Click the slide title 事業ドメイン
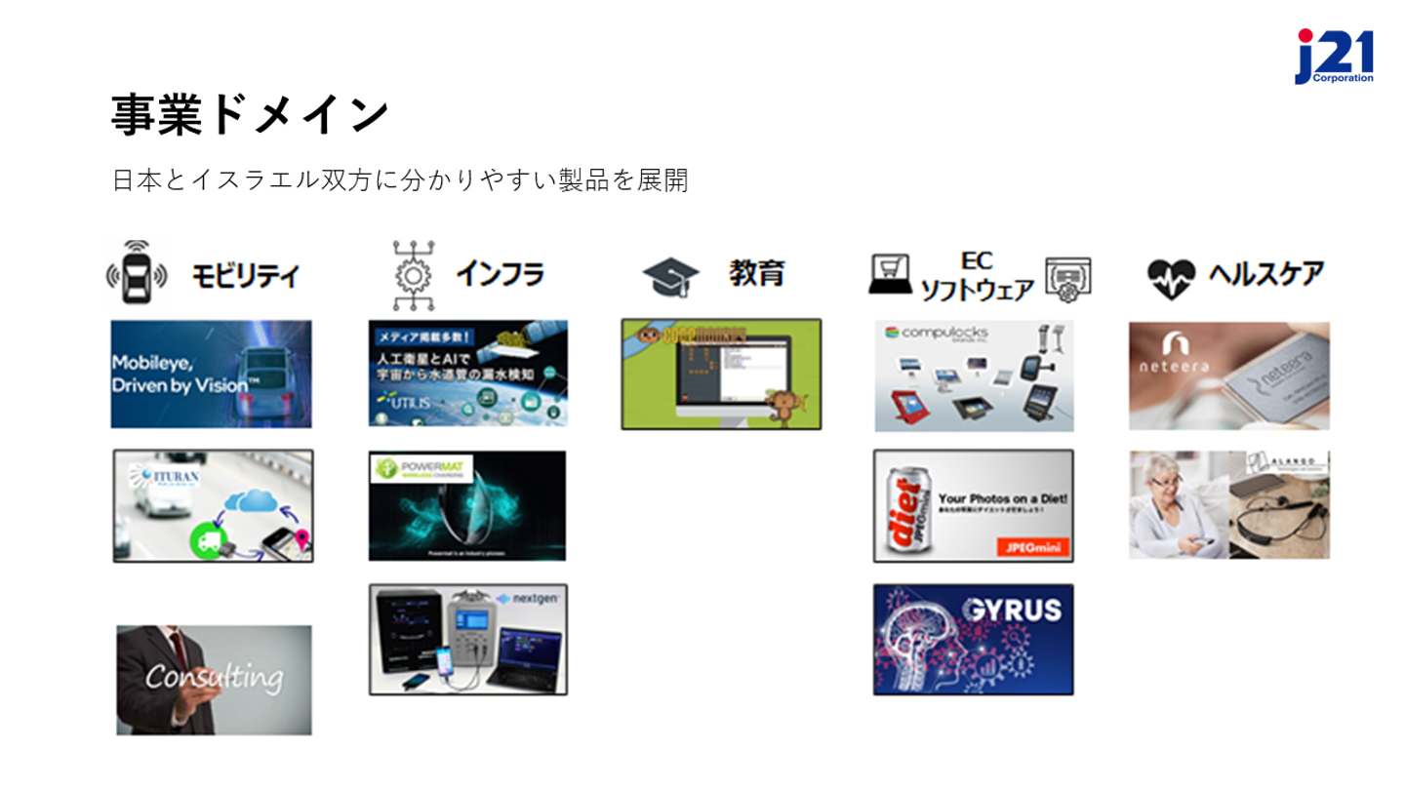coord(249,115)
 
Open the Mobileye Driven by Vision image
coord(211,374)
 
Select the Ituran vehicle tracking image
coord(213,505)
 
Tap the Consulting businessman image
coord(214,679)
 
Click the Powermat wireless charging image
coord(467,505)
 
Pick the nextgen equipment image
coord(467,639)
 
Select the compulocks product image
coord(974,375)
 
